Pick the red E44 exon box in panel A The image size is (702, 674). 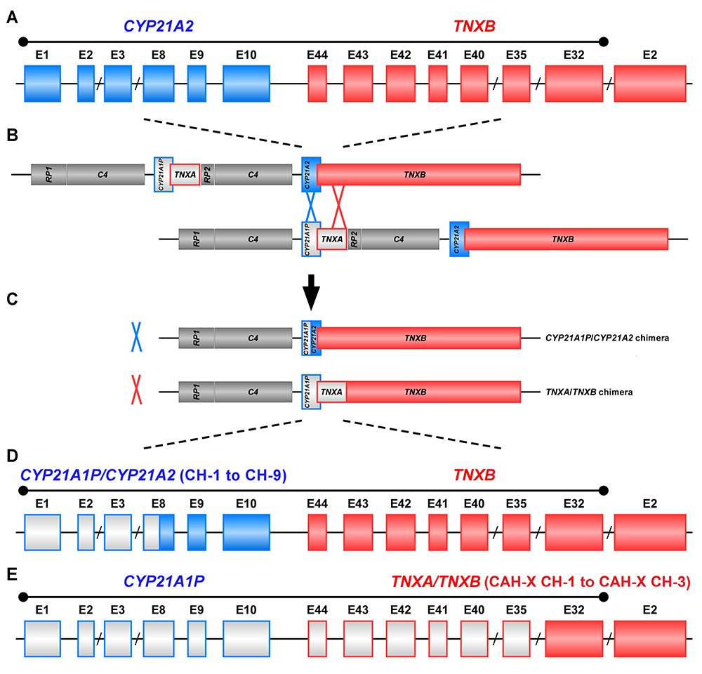318,85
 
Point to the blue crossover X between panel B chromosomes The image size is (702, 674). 310,207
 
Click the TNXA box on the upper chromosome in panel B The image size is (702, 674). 185,174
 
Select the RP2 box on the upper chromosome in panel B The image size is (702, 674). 207,175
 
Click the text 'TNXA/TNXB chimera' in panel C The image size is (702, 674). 589,392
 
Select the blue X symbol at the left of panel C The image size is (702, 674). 135,337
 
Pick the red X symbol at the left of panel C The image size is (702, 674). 135,391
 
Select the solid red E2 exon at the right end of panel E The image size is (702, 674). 649,638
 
